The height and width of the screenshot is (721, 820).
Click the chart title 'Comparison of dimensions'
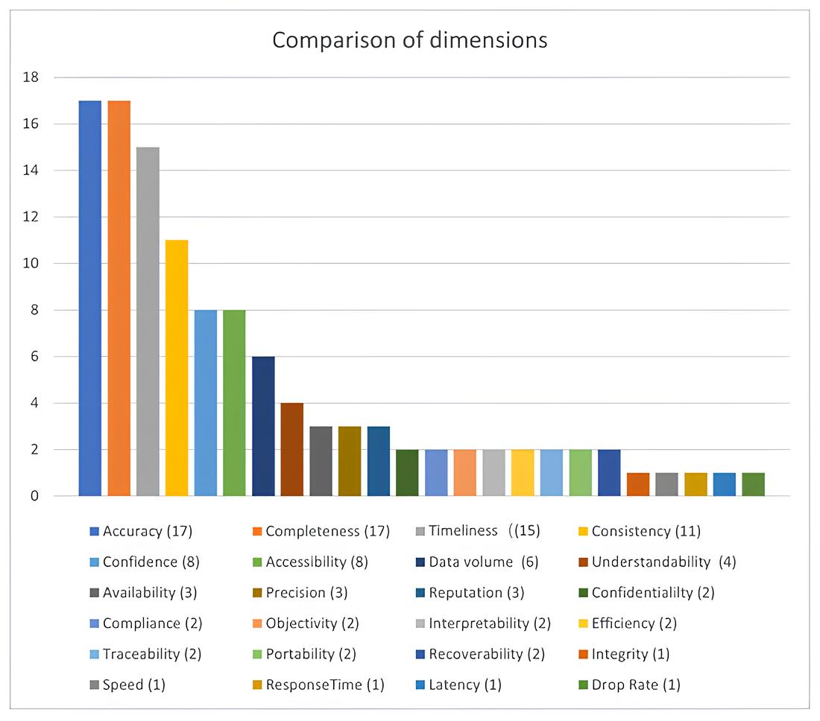(409, 39)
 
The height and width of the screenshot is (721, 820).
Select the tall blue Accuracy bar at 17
(90, 298)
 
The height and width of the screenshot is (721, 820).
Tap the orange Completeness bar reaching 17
(119, 298)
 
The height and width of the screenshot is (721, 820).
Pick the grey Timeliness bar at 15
(148, 321)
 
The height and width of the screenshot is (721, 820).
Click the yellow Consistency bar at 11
(177, 368)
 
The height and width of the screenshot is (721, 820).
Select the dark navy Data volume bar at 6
(263, 426)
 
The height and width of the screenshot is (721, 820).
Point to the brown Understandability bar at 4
(292, 449)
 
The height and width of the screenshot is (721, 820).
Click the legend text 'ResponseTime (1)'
(325, 685)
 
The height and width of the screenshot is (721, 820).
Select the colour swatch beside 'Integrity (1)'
(583, 655)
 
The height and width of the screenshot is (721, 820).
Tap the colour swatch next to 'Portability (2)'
(257, 655)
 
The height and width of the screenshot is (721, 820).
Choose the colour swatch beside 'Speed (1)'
(94, 685)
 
